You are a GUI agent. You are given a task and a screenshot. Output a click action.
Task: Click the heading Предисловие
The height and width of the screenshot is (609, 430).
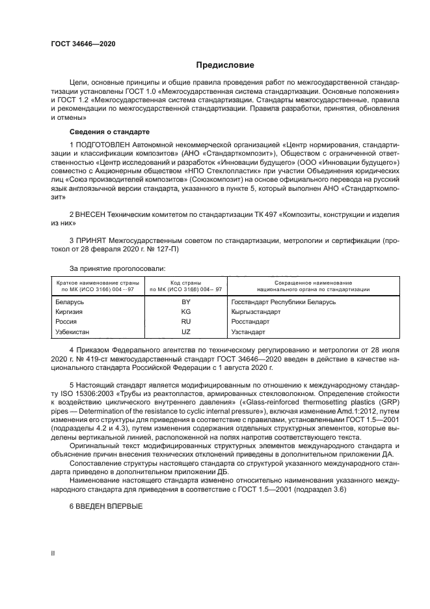click(x=226, y=65)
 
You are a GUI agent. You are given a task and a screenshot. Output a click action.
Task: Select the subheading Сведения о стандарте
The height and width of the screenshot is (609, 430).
click(x=108, y=132)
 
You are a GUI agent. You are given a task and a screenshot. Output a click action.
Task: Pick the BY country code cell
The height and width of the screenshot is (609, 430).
click(x=185, y=302)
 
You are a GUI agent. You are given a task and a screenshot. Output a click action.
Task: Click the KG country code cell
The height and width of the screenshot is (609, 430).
click(x=185, y=312)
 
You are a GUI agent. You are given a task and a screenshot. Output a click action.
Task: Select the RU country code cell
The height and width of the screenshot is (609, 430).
click(x=185, y=322)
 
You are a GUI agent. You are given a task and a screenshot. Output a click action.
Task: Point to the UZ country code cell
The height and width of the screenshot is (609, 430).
click(x=185, y=332)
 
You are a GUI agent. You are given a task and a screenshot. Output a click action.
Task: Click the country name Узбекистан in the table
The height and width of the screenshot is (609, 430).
click(x=73, y=332)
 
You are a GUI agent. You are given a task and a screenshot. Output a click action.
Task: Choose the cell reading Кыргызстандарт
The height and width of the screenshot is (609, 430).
click(x=256, y=312)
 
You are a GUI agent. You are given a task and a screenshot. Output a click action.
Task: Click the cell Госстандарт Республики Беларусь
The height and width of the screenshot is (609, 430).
click(x=283, y=302)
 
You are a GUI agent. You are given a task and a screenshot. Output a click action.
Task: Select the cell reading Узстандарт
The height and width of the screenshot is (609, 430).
click(x=249, y=332)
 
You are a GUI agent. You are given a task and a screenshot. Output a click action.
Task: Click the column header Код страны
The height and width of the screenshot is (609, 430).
click(x=185, y=283)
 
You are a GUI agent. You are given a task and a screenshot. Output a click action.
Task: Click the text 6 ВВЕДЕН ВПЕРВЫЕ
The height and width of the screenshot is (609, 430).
click(x=106, y=507)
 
